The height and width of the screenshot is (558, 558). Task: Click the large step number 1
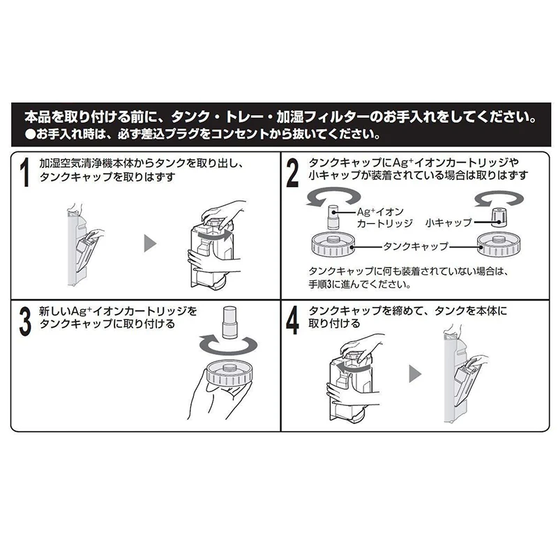(x=25, y=172)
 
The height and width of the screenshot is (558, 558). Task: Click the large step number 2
(x=292, y=173)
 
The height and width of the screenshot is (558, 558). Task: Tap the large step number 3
(x=25, y=322)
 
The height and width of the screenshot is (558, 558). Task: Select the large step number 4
(x=292, y=322)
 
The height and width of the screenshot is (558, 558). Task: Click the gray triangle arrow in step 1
(x=149, y=243)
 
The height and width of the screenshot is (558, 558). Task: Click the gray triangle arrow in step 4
(x=415, y=374)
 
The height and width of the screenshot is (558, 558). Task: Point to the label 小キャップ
(x=448, y=223)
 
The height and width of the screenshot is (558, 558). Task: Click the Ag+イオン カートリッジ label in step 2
(x=384, y=218)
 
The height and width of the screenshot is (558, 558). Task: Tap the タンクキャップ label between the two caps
(x=415, y=246)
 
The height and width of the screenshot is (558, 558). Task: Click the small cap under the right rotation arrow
(x=499, y=218)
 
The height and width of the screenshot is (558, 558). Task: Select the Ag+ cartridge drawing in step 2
(x=333, y=218)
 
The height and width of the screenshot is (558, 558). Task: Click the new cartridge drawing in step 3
(x=229, y=322)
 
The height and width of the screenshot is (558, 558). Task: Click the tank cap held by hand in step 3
(x=227, y=373)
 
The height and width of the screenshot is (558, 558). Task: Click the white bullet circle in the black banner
(x=31, y=134)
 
